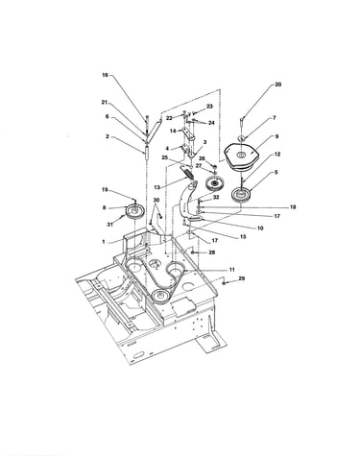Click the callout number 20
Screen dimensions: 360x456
[x=277, y=84]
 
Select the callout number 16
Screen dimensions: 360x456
[x=105, y=75]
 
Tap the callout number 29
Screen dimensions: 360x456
[x=242, y=278]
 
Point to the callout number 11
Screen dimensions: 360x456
[x=232, y=270]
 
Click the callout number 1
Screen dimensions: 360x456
[x=104, y=242]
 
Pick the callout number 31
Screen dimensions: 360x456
[x=110, y=225]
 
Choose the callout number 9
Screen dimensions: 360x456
[x=276, y=136]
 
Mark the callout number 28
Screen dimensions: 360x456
[x=211, y=252]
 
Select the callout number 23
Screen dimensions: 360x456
[x=209, y=107]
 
